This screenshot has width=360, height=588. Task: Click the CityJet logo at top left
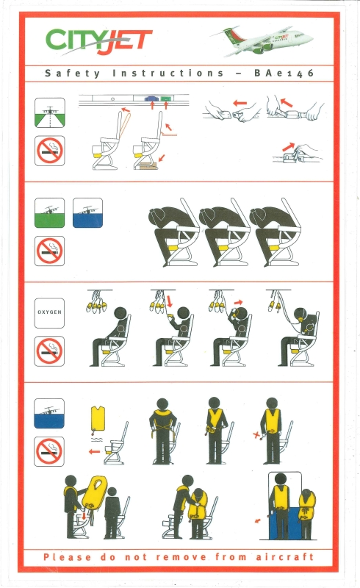point(99,40)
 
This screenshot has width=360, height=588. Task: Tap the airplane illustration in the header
point(262,40)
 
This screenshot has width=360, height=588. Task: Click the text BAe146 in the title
point(284,73)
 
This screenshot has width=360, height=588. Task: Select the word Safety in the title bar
point(73,73)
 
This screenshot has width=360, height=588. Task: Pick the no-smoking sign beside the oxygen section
point(49,351)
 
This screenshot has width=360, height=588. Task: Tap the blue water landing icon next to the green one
point(87,213)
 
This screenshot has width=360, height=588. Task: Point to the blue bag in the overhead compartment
point(151,98)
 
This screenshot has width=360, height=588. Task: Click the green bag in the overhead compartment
point(166,98)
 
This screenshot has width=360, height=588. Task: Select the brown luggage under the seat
point(148,166)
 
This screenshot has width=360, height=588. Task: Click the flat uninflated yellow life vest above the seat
point(98,419)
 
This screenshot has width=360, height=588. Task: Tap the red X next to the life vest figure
point(256,435)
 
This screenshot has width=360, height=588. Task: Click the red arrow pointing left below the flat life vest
point(94,451)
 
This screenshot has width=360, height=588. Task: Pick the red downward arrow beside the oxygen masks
point(169,301)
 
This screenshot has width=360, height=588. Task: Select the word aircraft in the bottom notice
point(285,556)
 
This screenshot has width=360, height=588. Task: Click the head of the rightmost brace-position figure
point(259,216)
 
